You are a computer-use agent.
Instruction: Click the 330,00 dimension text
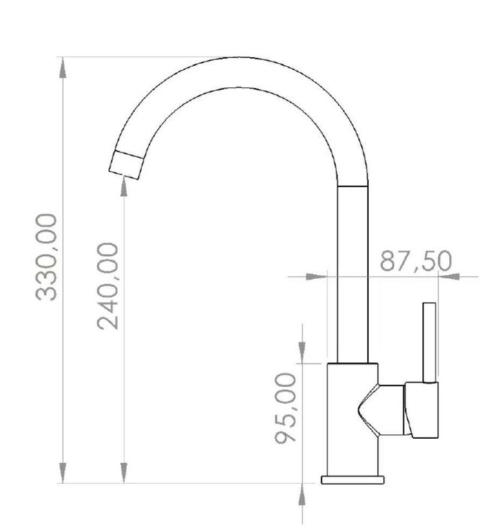[47, 257]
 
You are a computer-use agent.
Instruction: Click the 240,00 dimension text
[107, 286]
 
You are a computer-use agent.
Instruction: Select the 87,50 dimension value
[415, 261]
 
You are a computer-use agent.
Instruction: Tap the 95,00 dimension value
[285, 408]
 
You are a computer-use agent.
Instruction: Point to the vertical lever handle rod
[429, 343]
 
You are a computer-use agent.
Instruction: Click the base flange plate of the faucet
[352, 479]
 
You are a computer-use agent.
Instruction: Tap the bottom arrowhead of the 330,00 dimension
[62, 473]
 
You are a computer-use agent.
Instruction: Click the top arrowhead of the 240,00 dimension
[124, 186]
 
